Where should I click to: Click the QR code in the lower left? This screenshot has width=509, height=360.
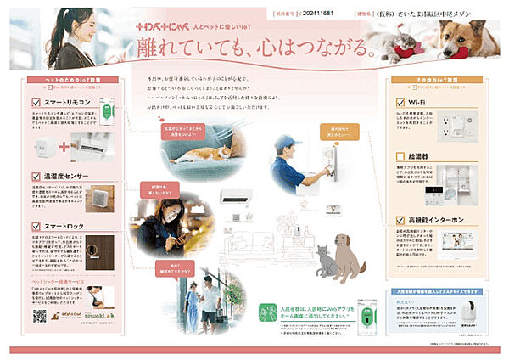(x=37, y=317)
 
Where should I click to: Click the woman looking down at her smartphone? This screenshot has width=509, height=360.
(x=161, y=225)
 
